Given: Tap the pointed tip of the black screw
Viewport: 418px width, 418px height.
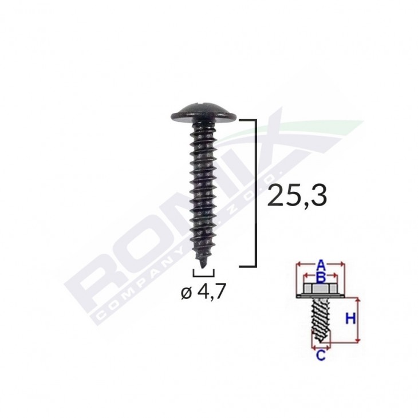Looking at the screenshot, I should [x=202, y=263].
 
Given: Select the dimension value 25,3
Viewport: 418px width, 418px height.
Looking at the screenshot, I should [x=298, y=195].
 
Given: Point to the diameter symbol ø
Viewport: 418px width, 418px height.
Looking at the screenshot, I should [x=185, y=294].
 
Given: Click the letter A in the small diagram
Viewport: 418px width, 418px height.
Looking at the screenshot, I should [x=321, y=264].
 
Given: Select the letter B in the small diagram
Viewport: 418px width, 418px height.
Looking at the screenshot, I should [x=321, y=278].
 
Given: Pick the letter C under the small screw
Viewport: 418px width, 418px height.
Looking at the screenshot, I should [x=321, y=356].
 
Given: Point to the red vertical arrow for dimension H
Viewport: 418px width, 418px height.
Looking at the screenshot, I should [x=358, y=320].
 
